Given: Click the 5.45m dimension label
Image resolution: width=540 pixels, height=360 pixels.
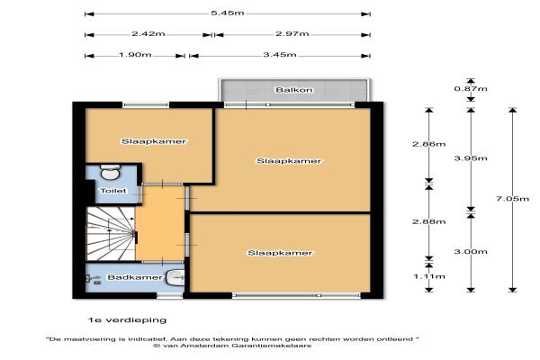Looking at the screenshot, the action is pyautogui.click(x=228, y=13).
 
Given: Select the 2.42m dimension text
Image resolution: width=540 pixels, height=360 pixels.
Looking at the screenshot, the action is pyautogui.click(x=148, y=34).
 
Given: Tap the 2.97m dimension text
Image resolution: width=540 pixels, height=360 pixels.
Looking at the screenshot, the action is pyautogui.click(x=292, y=34).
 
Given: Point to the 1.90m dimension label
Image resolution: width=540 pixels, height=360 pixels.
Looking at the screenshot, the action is pyautogui.click(x=135, y=55).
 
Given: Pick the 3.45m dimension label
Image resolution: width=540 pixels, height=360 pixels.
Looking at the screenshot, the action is pyautogui.click(x=280, y=55).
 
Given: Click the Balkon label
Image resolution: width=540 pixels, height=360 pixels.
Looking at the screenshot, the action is pyautogui.click(x=294, y=90).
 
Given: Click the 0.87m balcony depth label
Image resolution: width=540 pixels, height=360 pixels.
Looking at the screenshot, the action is pyautogui.click(x=471, y=89).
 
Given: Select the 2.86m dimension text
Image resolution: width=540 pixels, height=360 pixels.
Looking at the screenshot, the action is pyautogui.click(x=429, y=144).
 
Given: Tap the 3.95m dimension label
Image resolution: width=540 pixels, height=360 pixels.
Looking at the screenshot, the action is pyautogui.click(x=471, y=158).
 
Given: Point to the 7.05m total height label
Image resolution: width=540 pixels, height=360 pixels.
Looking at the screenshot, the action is pyautogui.click(x=512, y=199).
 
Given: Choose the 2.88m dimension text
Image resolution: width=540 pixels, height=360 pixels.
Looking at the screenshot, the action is pyautogui.click(x=429, y=221).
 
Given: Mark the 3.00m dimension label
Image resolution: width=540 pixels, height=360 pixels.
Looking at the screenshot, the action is pyautogui.click(x=471, y=251).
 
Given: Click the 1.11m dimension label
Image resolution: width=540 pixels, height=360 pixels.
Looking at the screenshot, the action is pyautogui.click(x=429, y=276).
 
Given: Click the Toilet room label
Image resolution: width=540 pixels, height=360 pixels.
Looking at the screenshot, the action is pyautogui.click(x=113, y=191).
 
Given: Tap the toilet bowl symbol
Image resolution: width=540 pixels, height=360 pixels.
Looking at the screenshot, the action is pyautogui.click(x=110, y=172).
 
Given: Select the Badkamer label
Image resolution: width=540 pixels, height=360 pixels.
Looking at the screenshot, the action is pyautogui.click(x=135, y=277).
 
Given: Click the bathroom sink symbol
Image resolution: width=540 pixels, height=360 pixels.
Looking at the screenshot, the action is pyautogui.click(x=175, y=278).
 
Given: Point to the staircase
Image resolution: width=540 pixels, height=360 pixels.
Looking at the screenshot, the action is pyautogui.click(x=111, y=234).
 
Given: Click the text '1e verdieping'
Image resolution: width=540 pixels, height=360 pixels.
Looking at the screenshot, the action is pyautogui.click(x=127, y=320).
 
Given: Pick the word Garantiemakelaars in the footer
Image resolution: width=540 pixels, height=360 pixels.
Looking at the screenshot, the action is pyautogui.click(x=271, y=346).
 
